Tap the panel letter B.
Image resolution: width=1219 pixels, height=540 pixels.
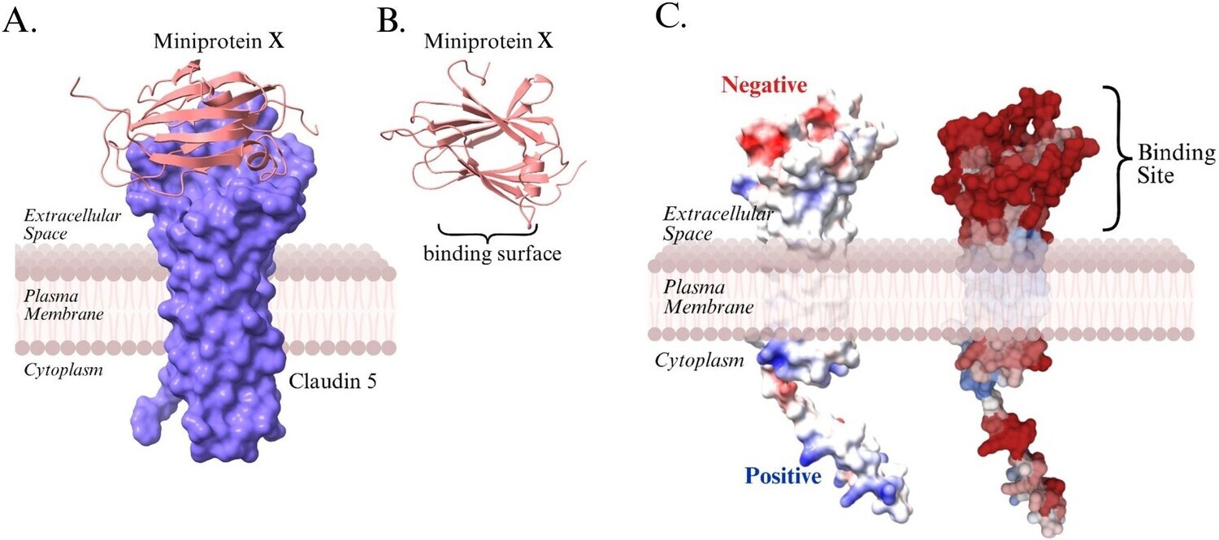tap(392, 22)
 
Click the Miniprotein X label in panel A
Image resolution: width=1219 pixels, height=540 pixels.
tap(219, 41)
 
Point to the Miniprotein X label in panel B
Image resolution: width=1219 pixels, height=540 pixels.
tap(488, 41)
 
